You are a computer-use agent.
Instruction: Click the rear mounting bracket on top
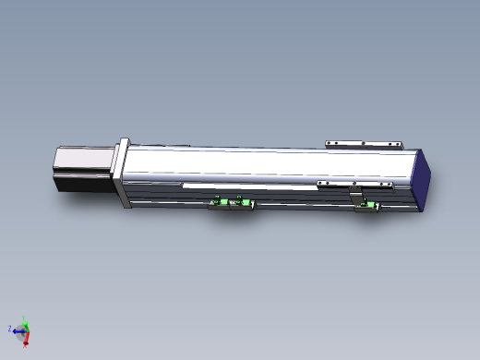365,144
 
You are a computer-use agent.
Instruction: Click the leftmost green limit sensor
220,203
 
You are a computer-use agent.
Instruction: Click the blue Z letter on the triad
10,328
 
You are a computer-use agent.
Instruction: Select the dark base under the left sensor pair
232,209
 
